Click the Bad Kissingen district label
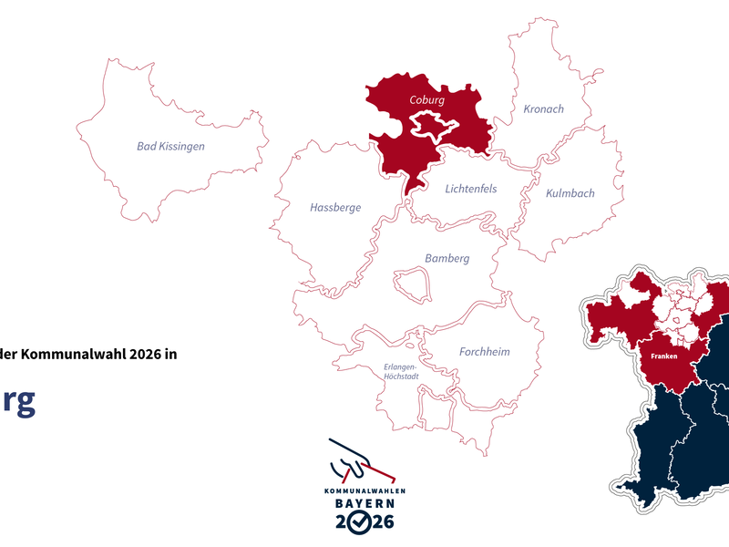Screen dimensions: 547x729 point(170,146)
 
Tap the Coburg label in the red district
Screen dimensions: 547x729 point(426,99)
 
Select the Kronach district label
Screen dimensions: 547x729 point(543,109)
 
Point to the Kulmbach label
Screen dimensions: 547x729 point(570,193)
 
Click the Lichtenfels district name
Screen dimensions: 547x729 point(471,189)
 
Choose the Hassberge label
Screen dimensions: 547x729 point(335,208)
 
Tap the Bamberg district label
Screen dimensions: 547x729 point(447,259)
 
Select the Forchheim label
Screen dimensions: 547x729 point(484,352)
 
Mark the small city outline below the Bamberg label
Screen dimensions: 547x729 point(411,284)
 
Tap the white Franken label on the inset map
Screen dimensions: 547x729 point(664,356)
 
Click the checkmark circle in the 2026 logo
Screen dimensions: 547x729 point(362,521)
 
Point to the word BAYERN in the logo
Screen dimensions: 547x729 point(364,503)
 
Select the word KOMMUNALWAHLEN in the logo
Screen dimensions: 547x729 point(364,490)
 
